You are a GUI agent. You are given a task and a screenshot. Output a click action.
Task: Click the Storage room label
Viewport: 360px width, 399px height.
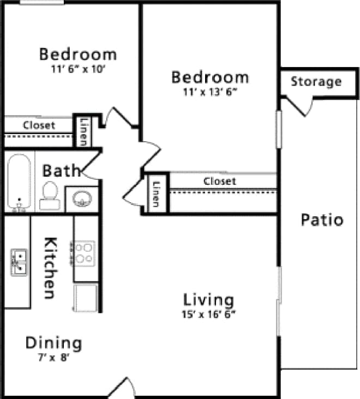pos(316,82)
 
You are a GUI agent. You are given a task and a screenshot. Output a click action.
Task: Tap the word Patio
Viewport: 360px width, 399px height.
pos(322,220)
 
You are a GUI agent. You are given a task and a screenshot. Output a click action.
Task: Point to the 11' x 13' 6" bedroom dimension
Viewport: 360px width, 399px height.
pos(210,92)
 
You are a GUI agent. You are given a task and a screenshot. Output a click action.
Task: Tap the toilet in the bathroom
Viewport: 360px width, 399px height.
pos(50,196)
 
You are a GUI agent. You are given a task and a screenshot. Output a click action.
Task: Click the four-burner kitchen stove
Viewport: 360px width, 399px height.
pos(84,253)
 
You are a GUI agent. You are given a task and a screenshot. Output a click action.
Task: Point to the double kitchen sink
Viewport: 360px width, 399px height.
pos(19,262)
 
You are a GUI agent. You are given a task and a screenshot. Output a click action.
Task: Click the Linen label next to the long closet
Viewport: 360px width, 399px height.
pos(155,194)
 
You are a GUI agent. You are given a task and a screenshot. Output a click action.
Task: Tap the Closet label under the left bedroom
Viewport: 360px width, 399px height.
pos(39,125)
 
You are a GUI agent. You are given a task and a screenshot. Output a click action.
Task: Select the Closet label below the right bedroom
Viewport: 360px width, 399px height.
pos(220,180)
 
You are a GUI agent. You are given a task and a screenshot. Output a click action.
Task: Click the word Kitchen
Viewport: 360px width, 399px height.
pos(50,268)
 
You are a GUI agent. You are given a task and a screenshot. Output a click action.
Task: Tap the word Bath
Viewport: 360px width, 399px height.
pos(61,170)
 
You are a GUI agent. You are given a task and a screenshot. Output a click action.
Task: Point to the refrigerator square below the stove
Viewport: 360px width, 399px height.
pos(85,298)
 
